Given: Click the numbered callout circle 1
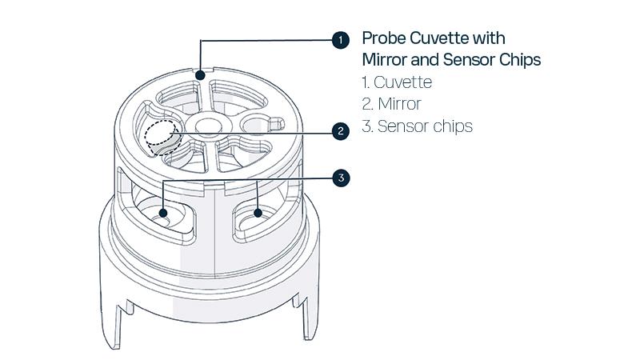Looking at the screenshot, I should pyautogui.click(x=342, y=40).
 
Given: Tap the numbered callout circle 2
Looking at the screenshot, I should pyautogui.click(x=342, y=130).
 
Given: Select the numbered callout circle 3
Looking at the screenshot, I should pyautogui.click(x=342, y=178).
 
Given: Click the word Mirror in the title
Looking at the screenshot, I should pyautogui.click(x=387, y=59).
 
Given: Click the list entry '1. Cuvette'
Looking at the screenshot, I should pyautogui.click(x=397, y=82).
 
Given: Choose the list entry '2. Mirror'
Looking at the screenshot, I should pyautogui.click(x=391, y=104).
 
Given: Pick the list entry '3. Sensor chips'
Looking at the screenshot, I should pyautogui.click(x=417, y=126).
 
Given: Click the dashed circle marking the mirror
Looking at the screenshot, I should pyautogui.click(x=162, y=134).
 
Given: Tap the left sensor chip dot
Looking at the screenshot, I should pyautogui.click(x=163, y=213).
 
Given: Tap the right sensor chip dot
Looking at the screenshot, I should pyautogui.click(x=258, y=213).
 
